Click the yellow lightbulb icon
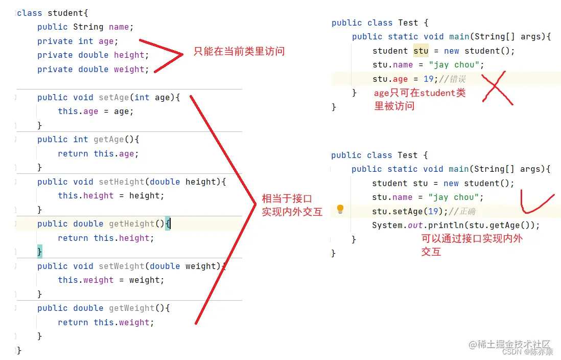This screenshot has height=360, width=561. [340, 209]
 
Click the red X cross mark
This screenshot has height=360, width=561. [497, 88]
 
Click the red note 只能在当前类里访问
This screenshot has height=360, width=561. [239, 51]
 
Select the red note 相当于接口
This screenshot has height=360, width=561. [287, 199]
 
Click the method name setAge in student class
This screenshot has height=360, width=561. [114, 97]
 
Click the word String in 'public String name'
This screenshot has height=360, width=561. [88, 27]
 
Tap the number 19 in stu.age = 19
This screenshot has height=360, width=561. [428, 79]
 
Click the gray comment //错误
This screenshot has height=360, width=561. [452, 79]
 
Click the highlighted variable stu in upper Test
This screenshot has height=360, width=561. [421, 51]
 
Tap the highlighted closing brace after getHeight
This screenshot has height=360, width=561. [39, 252]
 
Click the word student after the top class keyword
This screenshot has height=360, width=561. [65, 13]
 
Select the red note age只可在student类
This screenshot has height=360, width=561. [419, 93]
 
